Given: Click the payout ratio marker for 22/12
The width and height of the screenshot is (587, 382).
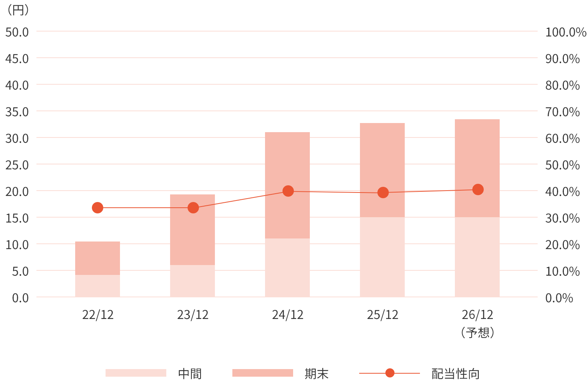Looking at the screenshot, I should click(98, 208).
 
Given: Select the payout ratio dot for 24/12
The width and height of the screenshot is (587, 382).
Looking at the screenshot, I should click(288, 191).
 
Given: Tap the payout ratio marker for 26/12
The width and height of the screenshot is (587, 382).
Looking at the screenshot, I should click(478, 189).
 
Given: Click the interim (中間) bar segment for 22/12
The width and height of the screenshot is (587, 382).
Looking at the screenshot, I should click(98, 286).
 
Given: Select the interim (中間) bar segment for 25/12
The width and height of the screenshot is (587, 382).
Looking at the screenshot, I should click(382, 257).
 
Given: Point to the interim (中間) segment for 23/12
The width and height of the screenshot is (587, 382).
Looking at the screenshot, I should click(193, 281).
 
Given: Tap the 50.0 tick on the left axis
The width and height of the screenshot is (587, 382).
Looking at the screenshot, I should click(17, 32).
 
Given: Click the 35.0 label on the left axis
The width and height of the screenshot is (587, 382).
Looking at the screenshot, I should click(17, 112).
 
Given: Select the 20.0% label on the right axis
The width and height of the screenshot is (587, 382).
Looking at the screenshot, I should click(562, 245).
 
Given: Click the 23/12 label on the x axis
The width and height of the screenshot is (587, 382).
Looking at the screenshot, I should click(193, 315).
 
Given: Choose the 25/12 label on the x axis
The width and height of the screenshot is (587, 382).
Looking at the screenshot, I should click(382, 315).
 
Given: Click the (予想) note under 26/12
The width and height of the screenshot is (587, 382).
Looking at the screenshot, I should click(477, 333).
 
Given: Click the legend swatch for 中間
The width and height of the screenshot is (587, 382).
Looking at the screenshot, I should click(136, 373).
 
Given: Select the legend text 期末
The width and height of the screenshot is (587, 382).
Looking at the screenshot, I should click(316, 374).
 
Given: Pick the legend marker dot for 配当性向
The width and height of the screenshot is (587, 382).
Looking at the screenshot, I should click(390, 373).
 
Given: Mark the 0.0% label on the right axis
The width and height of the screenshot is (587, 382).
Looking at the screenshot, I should click(559, 298).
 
